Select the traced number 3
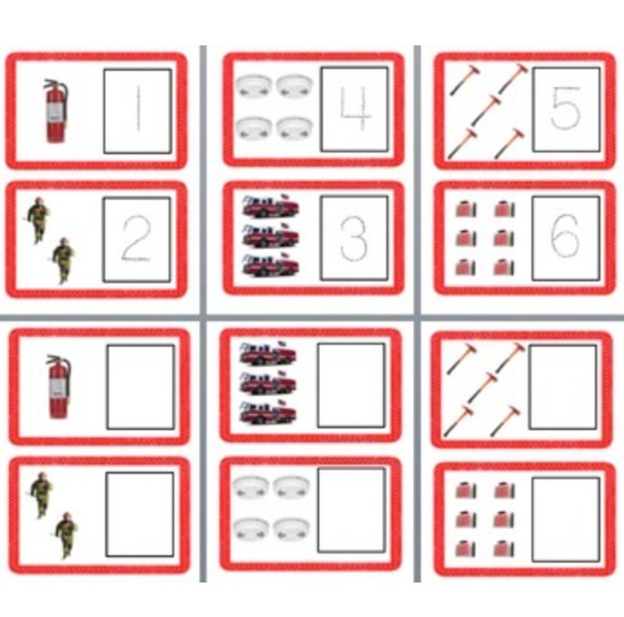354,239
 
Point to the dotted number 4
355,109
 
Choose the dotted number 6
565,239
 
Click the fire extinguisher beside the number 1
56,111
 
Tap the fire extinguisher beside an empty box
59,387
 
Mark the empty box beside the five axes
563,387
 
